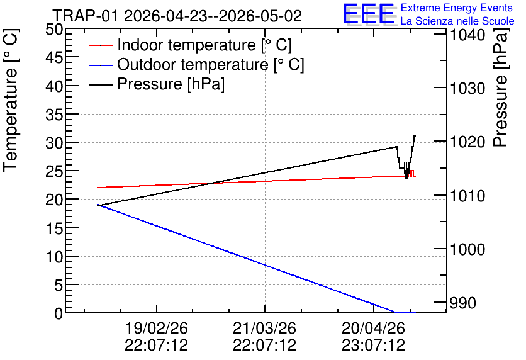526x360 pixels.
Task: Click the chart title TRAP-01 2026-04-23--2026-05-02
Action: coord(177,16)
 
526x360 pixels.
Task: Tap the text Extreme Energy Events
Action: coord(457,8)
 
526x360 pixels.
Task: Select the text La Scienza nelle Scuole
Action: coord(457,21)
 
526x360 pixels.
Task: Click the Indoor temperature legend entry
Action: coord(190,45)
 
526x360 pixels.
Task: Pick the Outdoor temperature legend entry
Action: coord(196,64)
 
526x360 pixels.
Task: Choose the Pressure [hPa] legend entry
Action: coord(157,84)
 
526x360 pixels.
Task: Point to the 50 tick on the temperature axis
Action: coord(54,30)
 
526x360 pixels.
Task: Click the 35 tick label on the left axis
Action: coord(54,115)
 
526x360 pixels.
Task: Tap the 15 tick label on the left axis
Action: coord(54,228)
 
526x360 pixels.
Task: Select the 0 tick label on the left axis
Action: coord(59,313)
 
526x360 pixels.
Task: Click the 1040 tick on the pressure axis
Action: coord(467,35)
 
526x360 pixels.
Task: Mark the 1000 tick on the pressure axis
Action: coord(467,249)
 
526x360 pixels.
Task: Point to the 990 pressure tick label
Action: coord(463,303)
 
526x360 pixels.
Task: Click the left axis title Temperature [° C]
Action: coord(11,100)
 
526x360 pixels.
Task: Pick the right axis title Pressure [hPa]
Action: coord(500,87)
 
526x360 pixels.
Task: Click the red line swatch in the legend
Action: coord(100,45)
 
